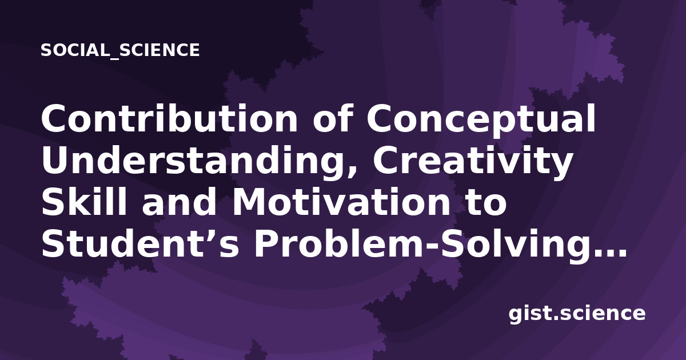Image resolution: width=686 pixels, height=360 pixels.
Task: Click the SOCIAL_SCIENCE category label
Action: click(120, 50)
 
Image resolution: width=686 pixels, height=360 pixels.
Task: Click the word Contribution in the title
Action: click(169, 118)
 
